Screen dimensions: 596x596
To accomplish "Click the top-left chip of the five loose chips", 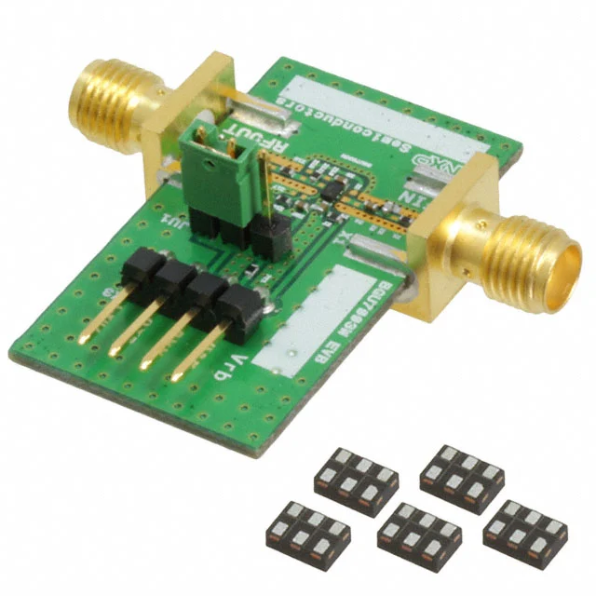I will pyautogui.click(x=356, y=477).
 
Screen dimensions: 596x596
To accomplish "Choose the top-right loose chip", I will pyautogui.click(x=462, y=477).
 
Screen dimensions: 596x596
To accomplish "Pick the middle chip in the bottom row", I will pyautogui.click(x=419, y=535).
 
